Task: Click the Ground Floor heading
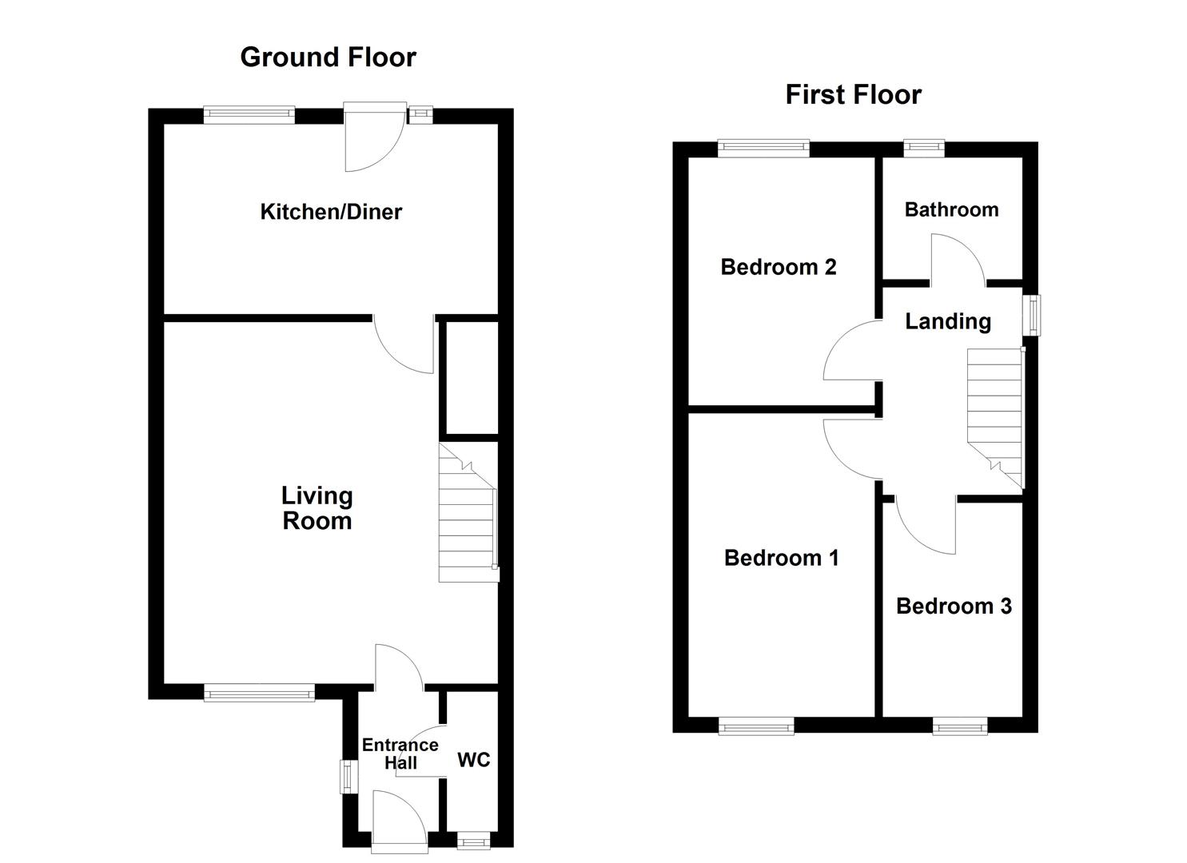tap(328, 58)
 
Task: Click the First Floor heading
tap(853, 95)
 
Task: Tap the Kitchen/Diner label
tap(331, 212)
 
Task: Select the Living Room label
tap(317, 508)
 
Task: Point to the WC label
tap(473, 760)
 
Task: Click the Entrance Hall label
tap(400, 754)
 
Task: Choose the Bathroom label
tap(951, 210)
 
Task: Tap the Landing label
tap(947, 321)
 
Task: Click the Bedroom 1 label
tap(781, 558)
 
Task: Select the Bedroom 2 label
tap(778, 267)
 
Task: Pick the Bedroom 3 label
tap(954, 606)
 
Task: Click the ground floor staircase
tap(468, 513)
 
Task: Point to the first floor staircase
tap(996, 418)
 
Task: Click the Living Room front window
tap(259, 693)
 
